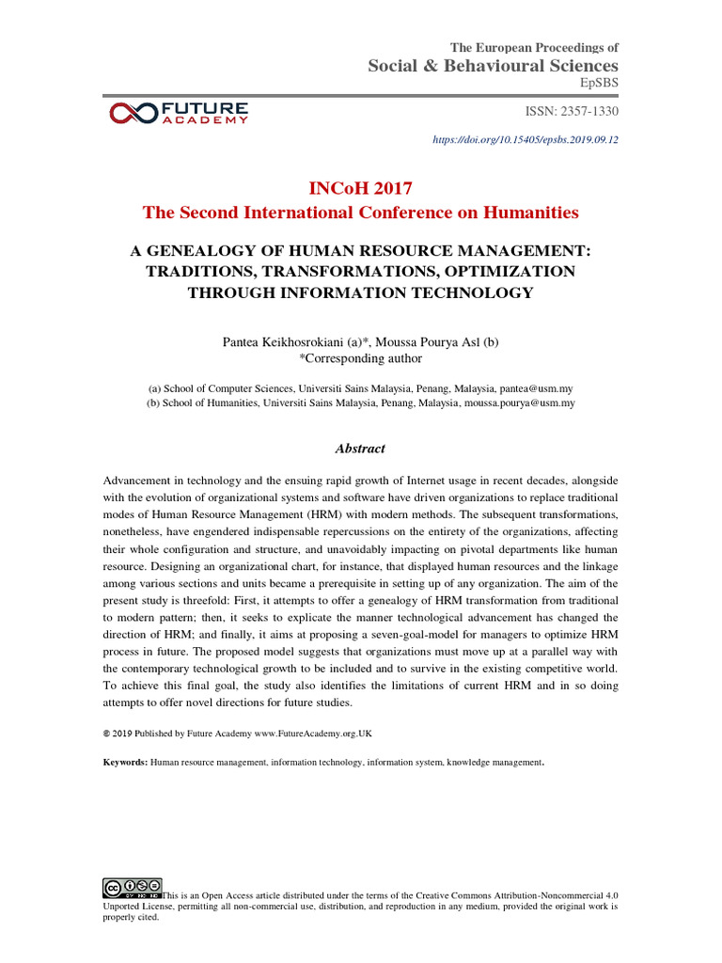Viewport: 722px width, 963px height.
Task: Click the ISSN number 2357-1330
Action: tap(585, 112)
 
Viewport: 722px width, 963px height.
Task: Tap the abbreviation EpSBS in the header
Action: tap(599, 84)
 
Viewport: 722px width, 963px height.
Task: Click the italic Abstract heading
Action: tap(361, 449)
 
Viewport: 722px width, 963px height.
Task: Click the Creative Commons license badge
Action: tap(132, 887)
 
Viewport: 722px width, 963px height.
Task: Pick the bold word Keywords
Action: tap(125, 762)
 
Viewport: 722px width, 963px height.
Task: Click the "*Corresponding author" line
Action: tap(361, 358)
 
